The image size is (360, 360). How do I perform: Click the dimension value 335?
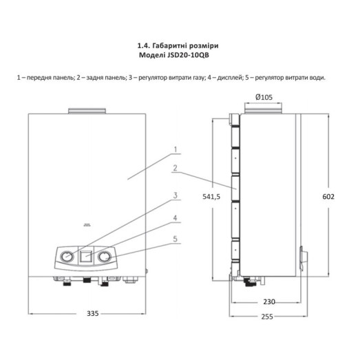94,313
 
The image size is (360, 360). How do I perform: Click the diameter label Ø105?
266,97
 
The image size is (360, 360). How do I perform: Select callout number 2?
177,168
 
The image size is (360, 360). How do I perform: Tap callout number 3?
177,196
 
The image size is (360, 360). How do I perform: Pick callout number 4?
177,219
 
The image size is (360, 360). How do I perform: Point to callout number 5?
177,240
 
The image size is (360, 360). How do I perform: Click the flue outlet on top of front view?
87,111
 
